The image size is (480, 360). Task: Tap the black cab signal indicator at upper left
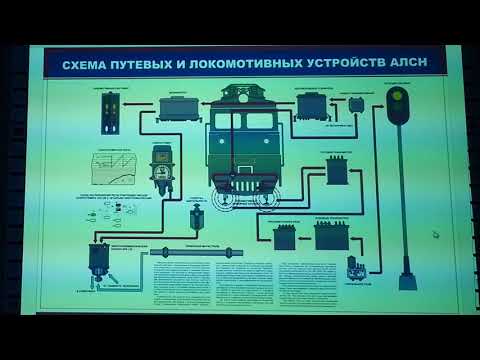tap(109, 117)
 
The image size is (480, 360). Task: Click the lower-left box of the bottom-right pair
tap(286, 237)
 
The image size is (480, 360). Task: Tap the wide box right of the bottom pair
tap(330, 236)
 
